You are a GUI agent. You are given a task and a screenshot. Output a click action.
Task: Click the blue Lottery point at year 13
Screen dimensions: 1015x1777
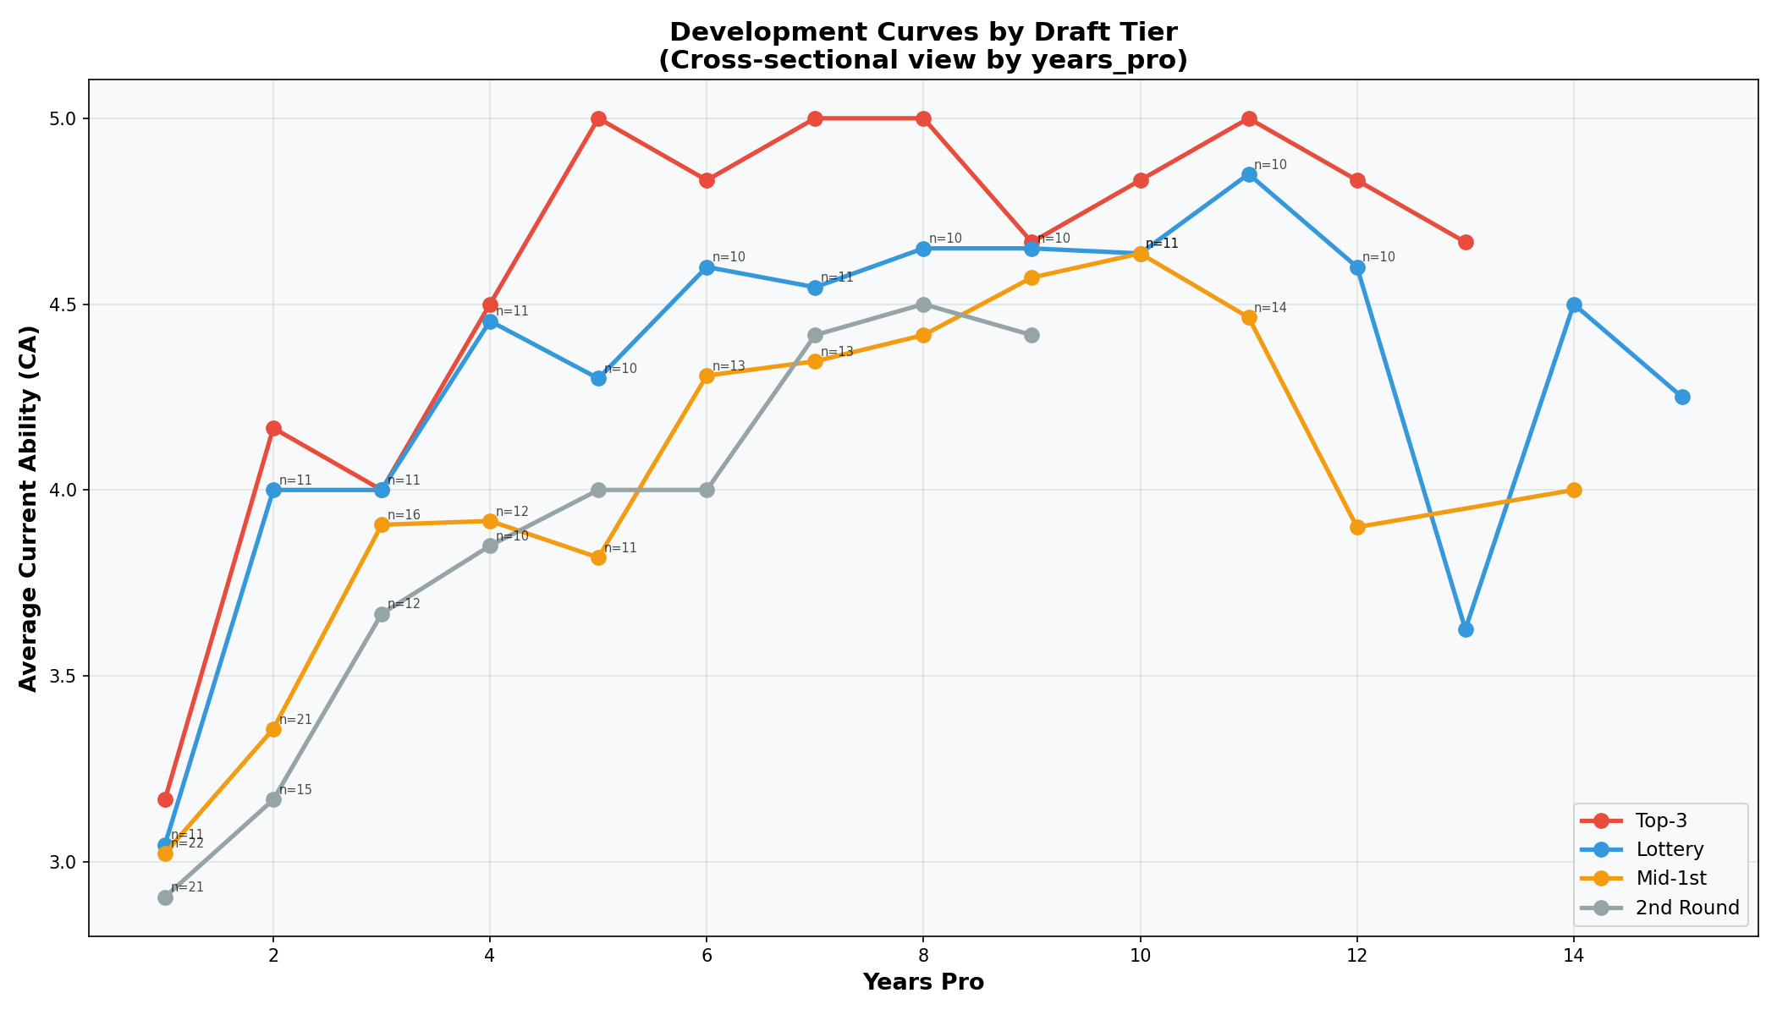coord(1466,629)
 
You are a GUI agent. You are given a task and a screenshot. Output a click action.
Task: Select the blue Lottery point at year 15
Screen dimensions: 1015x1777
coord(1682,397)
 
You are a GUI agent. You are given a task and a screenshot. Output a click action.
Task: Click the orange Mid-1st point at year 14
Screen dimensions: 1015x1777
coord(1574,490)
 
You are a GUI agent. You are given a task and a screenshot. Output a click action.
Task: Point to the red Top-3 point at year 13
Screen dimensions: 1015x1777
coord(1466,242)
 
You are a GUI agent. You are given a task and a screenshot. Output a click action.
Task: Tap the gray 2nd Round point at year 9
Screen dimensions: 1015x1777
coord(1032,335)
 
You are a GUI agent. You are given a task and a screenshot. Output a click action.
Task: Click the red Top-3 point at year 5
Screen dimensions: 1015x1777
coord(598,118)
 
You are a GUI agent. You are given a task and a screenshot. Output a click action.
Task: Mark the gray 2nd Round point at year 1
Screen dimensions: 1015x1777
coord(165,897)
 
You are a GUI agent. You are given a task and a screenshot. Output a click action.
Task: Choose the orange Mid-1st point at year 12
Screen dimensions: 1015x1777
coord(1357,527)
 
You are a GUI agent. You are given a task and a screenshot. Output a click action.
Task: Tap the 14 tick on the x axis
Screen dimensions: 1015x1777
coord(1574,956)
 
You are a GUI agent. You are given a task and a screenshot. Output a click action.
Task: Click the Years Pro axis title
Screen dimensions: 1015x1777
coord(923,983)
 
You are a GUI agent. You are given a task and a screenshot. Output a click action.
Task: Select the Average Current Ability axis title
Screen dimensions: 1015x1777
coord(29,507)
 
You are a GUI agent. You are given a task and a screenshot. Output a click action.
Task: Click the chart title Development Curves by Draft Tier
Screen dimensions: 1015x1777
coord(923,32)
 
